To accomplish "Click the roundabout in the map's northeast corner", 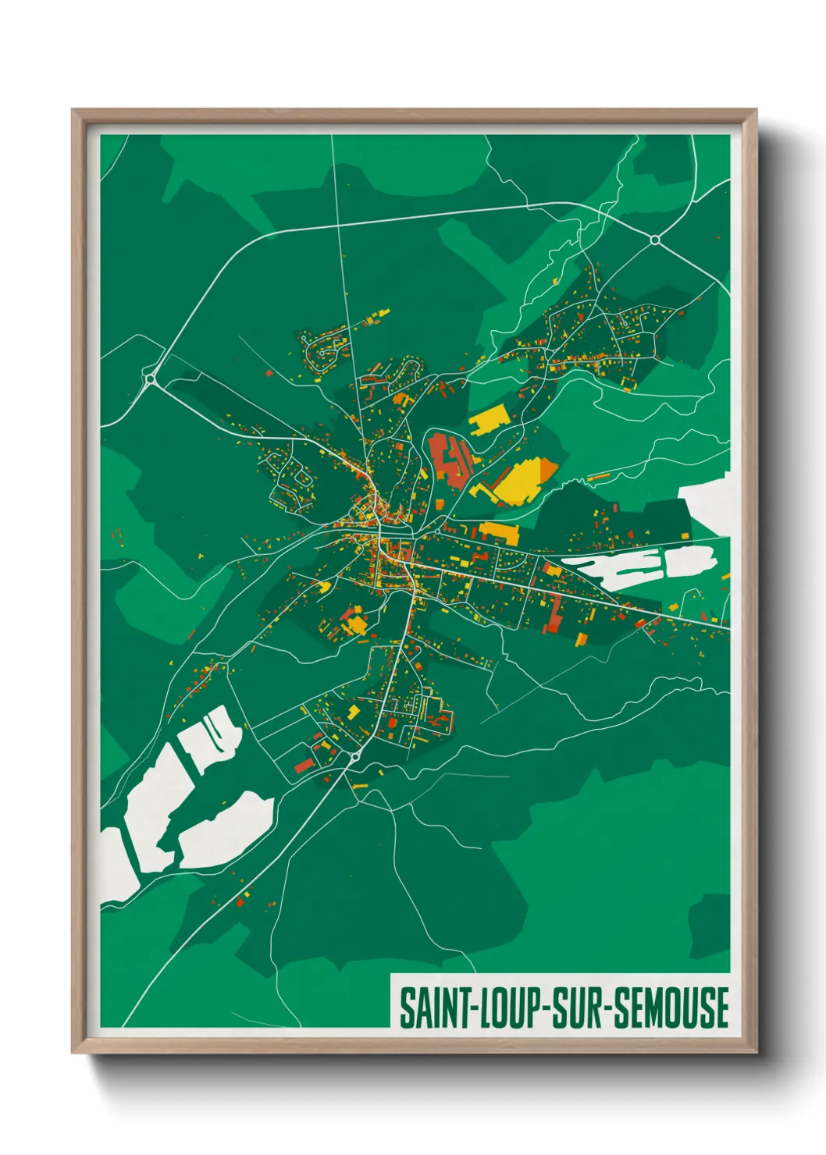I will [x=654, y=240].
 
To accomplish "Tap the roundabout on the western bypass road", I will [x=149, y=379].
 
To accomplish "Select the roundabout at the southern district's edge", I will [x=354, y=757].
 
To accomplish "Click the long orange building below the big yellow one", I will [x=499, y=534].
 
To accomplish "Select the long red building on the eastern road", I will [x=554, y=613].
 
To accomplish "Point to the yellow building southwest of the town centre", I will [x=355, y=624].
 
